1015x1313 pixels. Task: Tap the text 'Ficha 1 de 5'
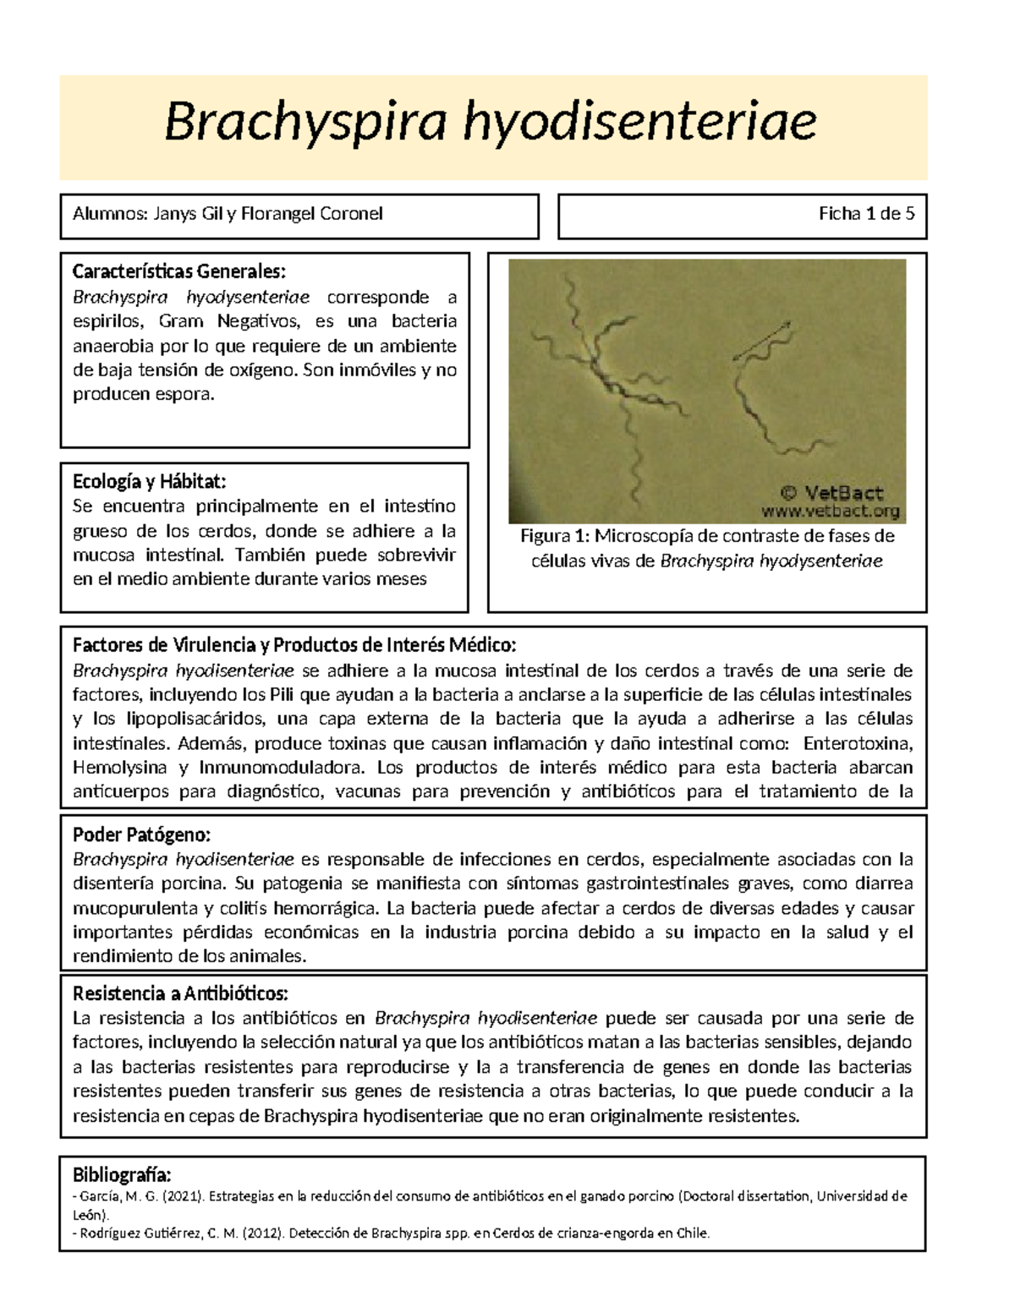click(866, 214)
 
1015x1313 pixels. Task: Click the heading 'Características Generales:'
click(179, 272)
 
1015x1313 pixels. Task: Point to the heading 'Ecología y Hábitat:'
click(150, 482)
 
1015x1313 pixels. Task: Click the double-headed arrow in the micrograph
click(761, 341)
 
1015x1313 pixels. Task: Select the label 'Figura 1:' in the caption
click(554, 536)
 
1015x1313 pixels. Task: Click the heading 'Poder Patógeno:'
click(141, 835)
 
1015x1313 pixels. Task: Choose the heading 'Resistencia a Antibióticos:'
click(180, 993)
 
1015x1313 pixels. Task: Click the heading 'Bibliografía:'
click(122, 1175)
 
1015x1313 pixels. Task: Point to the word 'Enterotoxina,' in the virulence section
click(859, 744)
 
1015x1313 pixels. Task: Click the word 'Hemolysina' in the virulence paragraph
click(119, 768)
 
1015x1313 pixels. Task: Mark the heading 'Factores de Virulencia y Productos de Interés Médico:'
click(294, 646)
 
